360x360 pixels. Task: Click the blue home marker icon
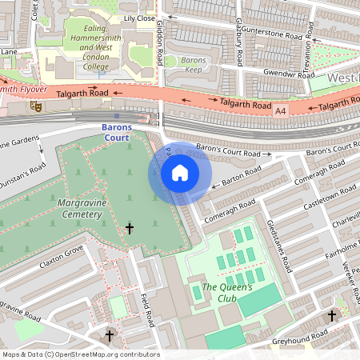tap(180, 174)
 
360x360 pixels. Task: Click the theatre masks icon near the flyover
tap(35, 105)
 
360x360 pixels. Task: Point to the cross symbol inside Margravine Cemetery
tap(130, 230)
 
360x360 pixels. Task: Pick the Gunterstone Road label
tap(270, 37)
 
